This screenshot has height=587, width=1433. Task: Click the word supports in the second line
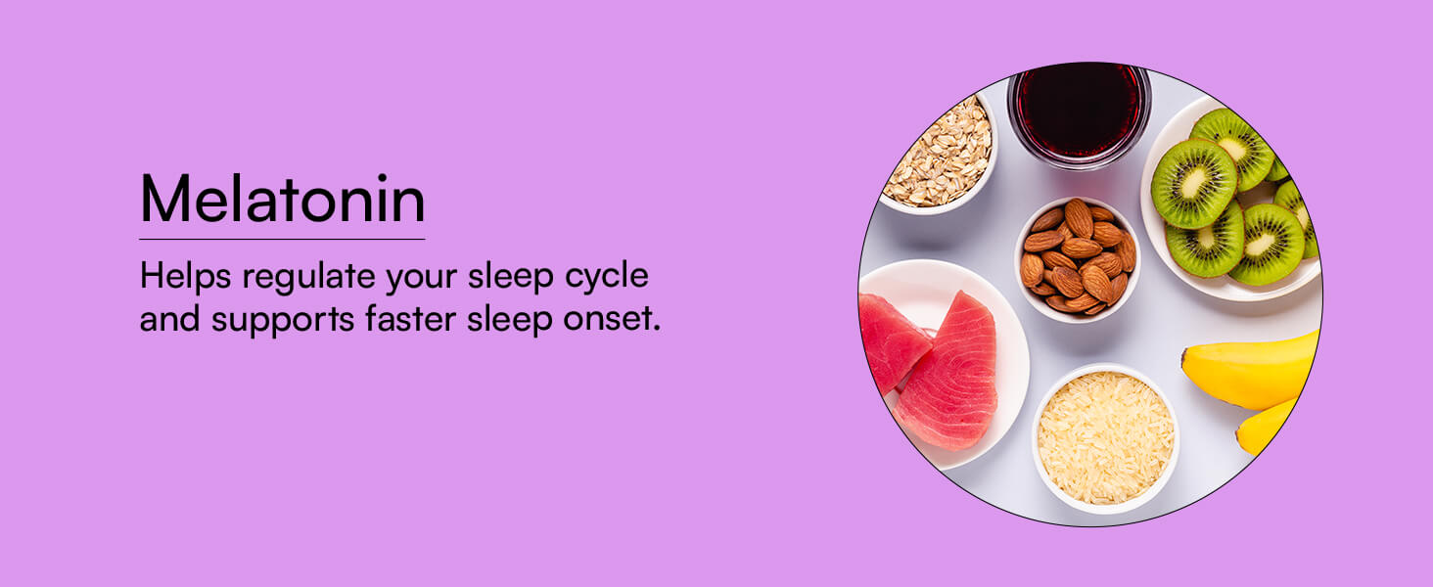pyautogui.click(x=283, y=320)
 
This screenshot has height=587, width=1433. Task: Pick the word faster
pyautogui.click(x=411, y=318)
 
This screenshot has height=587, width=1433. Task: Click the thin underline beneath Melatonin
pyautogui.click(x=282, y=239)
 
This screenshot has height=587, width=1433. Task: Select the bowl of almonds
pyautogui.click(x=1078, y=259)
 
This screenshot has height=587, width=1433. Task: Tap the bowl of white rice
pyautogui.click(x=1105, y=438)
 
